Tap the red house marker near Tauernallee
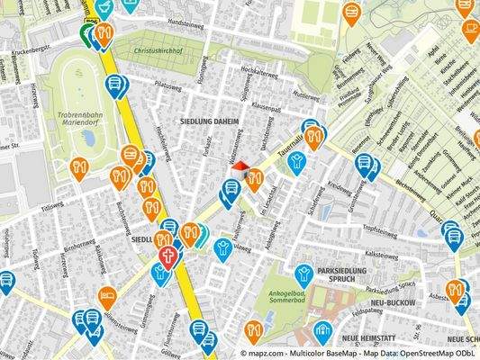tap(239, 166)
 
